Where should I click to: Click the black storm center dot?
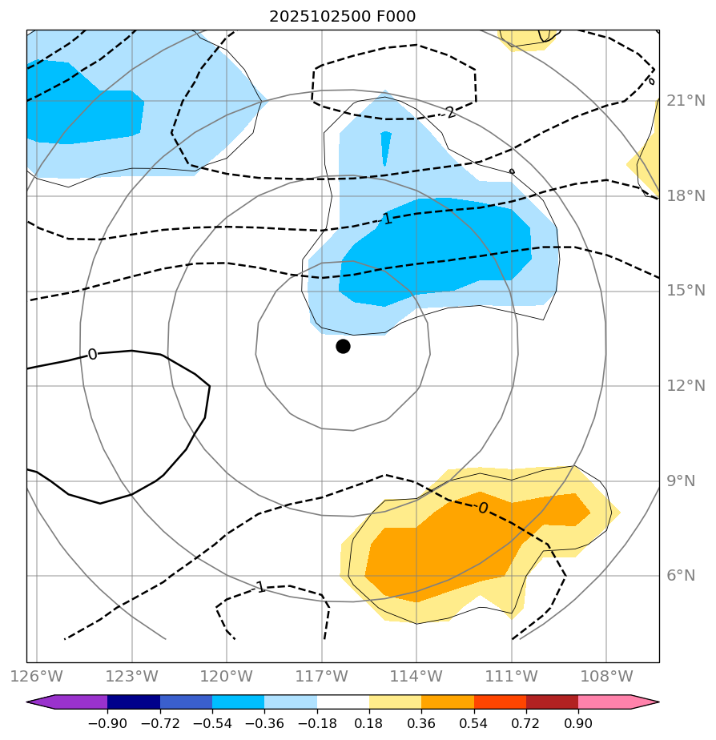tap(343, 346)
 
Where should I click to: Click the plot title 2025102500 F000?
tap(342, 17)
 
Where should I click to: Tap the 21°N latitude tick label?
tap(686, 101)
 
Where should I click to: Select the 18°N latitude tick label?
tap(686, 196)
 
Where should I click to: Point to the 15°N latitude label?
tap(686, 291)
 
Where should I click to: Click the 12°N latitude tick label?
tap(686, 386)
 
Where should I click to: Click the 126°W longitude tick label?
tap(37, 677)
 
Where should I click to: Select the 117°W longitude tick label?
tap(321, 677)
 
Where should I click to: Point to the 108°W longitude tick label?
tap(605, 677)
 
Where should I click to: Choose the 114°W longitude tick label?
tap(416, 677)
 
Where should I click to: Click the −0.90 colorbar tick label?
tap(107, 722)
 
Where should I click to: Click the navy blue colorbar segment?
tap(134, 702)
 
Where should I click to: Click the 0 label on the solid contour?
tap(92, 355)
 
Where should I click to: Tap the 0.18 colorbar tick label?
tap(369, 722)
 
